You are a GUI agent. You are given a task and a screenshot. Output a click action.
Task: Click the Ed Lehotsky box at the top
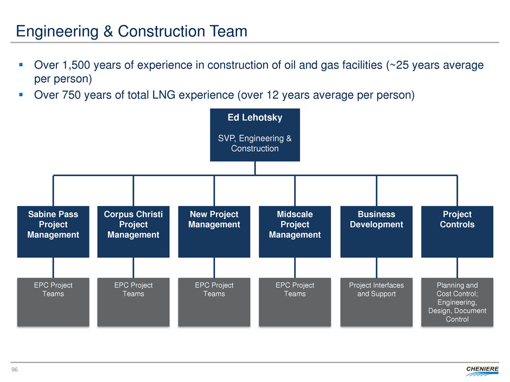tap(255, 135)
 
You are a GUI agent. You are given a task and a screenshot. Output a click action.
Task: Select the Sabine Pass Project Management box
tap(53, 231)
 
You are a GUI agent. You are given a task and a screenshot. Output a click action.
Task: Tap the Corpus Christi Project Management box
tap(133, 231)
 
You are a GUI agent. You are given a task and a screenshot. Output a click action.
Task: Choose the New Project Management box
tap(214, 231)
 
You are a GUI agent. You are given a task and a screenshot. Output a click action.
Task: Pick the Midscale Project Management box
tap(295, 231)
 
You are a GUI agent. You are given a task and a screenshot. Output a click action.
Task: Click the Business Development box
tap(377, 231)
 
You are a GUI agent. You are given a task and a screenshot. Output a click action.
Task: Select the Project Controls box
tap(457, 231)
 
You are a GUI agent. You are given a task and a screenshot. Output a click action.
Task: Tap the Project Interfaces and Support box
tap(377, 302)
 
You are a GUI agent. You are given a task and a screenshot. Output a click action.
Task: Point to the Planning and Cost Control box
tap(457, 302)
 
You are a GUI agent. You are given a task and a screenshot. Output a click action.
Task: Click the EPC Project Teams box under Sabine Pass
tap(53, 302)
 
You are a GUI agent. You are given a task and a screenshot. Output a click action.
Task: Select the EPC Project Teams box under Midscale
tap(295, 302)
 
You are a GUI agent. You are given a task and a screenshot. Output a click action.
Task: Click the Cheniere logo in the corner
tap(482, 371)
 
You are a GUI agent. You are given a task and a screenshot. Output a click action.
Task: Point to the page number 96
tap(15, 370)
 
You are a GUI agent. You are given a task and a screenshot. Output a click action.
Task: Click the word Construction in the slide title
tap(161, 31)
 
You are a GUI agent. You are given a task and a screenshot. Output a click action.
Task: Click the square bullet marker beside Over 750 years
tap(21, 95)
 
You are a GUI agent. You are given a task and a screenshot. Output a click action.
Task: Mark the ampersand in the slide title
tap(108, 31)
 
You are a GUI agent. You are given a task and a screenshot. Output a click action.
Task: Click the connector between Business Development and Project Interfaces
tap(377, 268)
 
